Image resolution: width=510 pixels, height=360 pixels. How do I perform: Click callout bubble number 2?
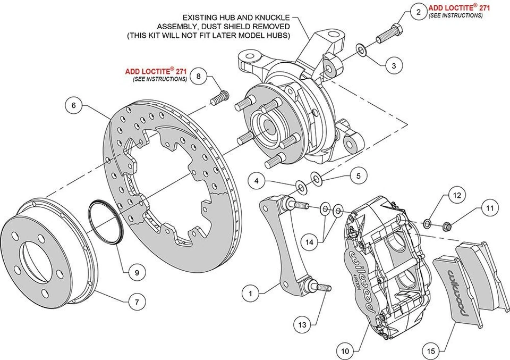418,11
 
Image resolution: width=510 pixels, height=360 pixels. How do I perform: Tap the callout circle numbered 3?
394,66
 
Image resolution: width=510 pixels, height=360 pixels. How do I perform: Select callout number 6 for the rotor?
74,105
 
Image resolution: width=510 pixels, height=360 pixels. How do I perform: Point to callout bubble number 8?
198,76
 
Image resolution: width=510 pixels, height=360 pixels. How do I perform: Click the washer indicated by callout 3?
361,51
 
